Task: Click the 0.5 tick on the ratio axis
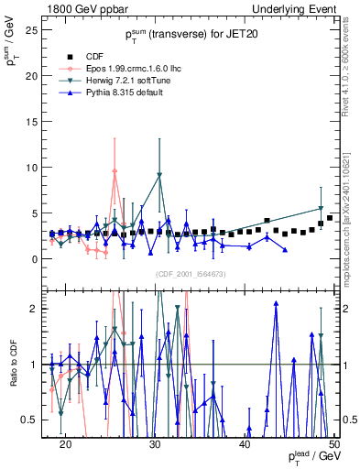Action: click(x=34, y=420)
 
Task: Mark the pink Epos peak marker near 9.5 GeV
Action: click(x=115, y=170)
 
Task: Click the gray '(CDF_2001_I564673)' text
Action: click(x=191, y=274)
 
